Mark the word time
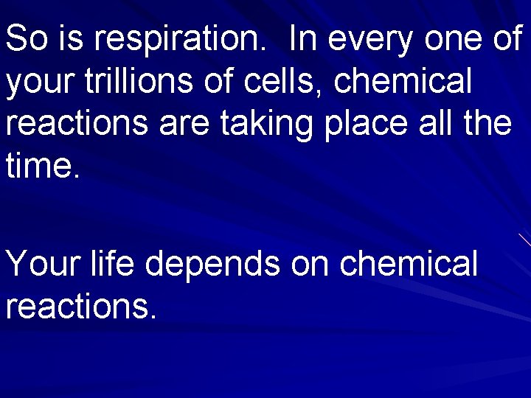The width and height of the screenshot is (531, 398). click(x=41, y=165)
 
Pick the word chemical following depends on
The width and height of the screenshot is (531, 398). click(x=409, y=263)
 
